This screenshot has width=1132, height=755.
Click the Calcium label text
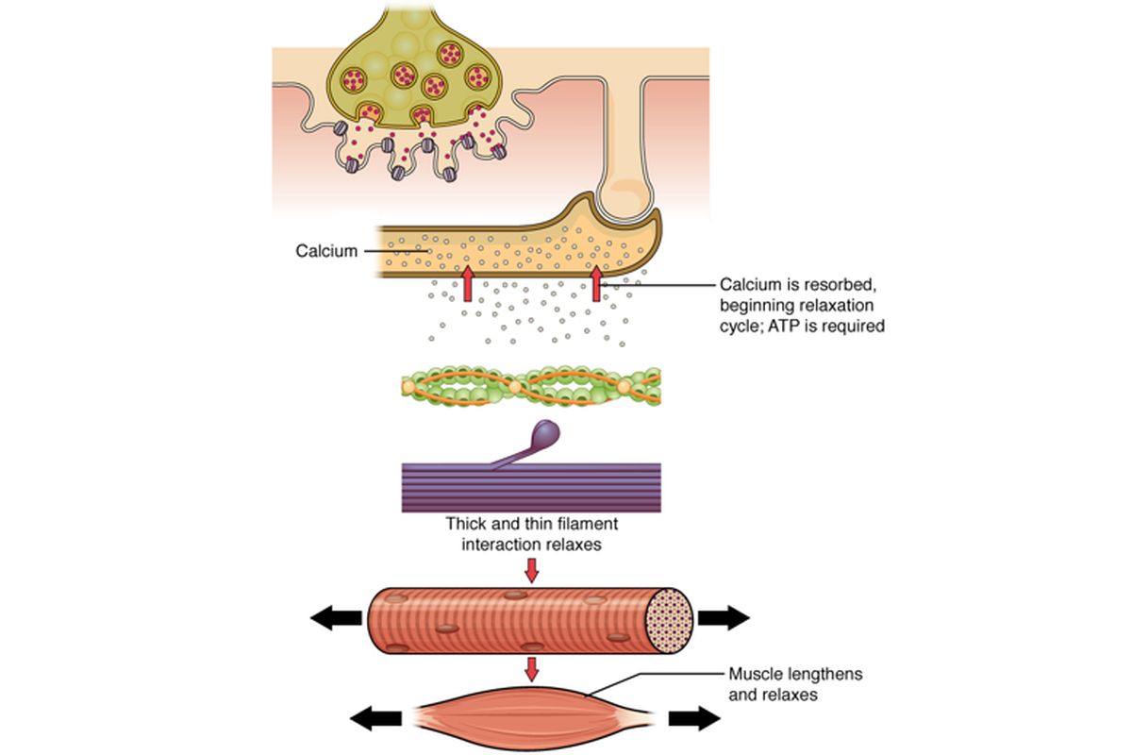click(x=326, y=251)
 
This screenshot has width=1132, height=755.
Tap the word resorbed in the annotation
click(x=830, y=284)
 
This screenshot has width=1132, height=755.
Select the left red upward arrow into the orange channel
click(x=467, y=283)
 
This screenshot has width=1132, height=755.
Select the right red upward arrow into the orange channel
click(x=596, y=283)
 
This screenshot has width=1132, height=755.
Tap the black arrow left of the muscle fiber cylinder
click(x=336, y=618)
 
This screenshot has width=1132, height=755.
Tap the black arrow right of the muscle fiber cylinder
click(x=723, y=618)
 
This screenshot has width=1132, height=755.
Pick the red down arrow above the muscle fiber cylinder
click(x=532, y=570)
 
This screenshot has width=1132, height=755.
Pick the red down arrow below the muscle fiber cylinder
click(x=532, y=669)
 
